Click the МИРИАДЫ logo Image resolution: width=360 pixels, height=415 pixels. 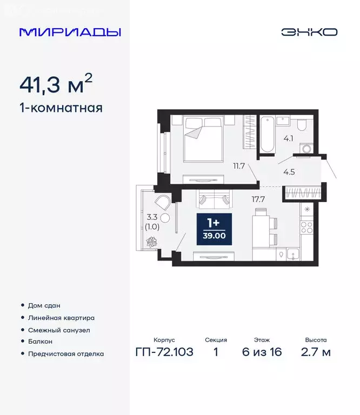pos(70,32)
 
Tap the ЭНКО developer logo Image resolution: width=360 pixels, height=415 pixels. pos(309,32)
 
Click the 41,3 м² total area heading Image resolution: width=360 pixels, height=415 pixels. pos(56,84)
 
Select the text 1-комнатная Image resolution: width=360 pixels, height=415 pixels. pos(61,108)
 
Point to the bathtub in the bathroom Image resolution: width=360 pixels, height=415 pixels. pos(266,133)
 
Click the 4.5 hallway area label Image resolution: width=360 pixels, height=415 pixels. pos(289,173)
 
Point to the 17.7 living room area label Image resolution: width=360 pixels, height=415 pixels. pos(258,198)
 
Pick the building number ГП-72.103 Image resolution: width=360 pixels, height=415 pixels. pos(164,352)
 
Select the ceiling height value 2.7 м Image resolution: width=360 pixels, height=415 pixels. pos(316,352)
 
